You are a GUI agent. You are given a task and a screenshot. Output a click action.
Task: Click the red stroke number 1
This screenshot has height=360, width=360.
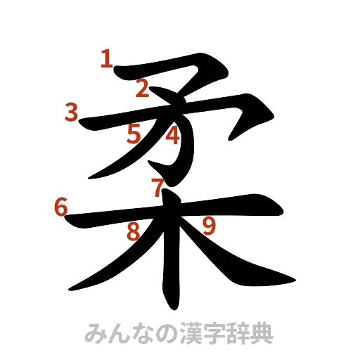[106, 58]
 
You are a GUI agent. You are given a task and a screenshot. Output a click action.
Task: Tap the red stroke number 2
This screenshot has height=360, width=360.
[142, 89]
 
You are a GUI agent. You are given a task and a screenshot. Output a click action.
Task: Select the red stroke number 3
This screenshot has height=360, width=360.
[70, 112]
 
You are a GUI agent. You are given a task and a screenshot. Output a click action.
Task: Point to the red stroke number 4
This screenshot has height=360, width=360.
[172, 135]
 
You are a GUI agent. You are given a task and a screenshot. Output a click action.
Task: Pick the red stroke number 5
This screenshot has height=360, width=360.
[134, 134]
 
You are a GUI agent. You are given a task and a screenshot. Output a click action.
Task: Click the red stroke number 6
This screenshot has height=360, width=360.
[60, 207]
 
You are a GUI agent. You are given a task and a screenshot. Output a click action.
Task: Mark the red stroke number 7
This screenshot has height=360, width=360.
[158, 186]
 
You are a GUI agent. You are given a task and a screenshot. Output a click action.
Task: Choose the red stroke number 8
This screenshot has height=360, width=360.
[132, 231]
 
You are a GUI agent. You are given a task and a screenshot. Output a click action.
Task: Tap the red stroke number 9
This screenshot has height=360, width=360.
[209, 225]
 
